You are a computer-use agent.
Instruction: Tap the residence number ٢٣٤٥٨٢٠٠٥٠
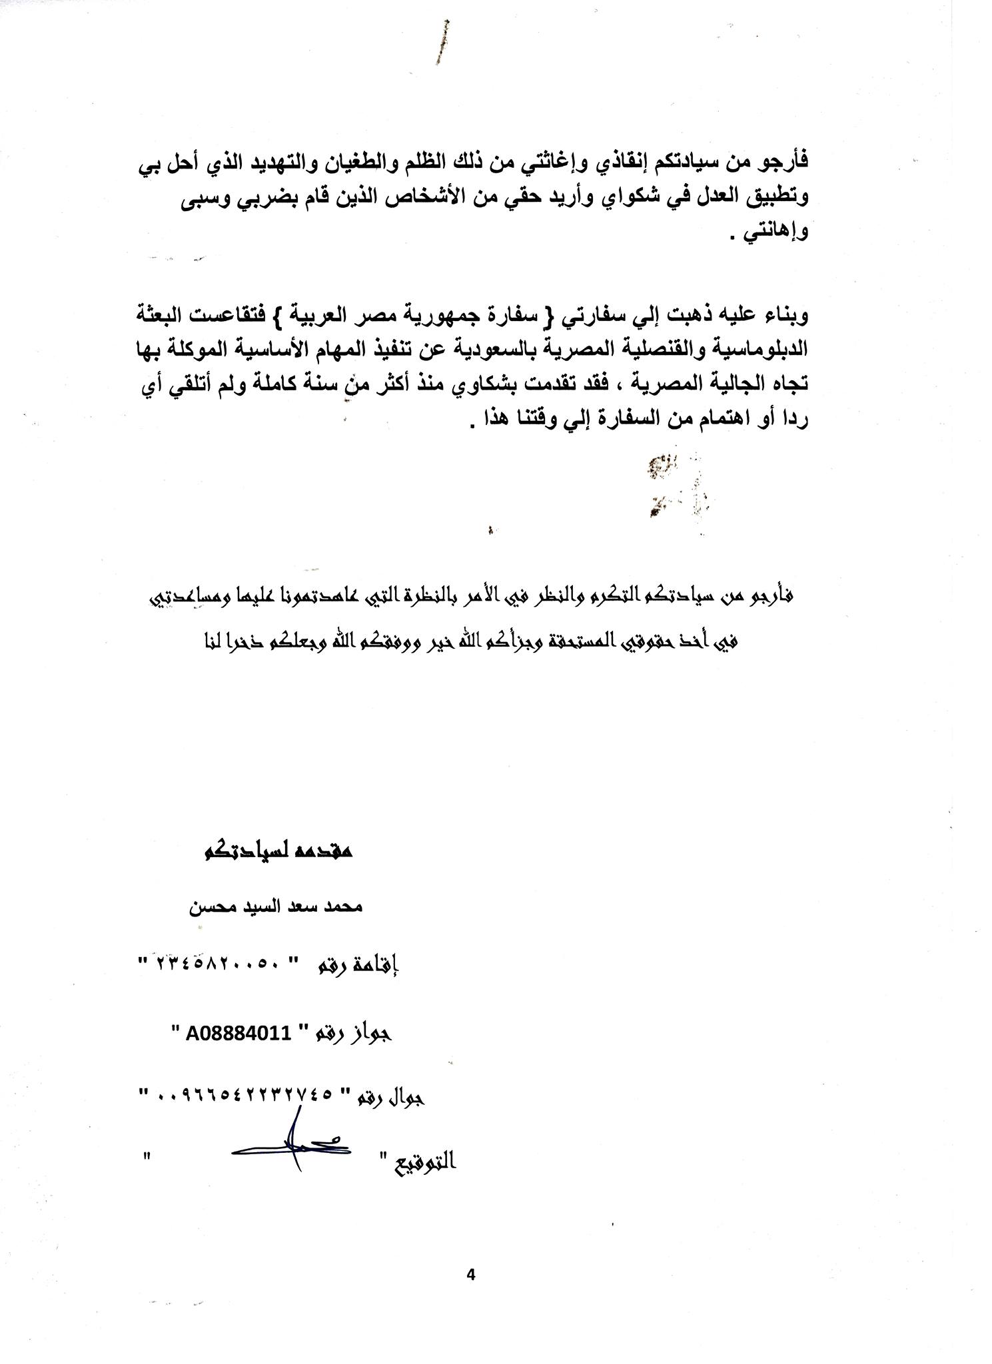[x=225, y=964]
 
